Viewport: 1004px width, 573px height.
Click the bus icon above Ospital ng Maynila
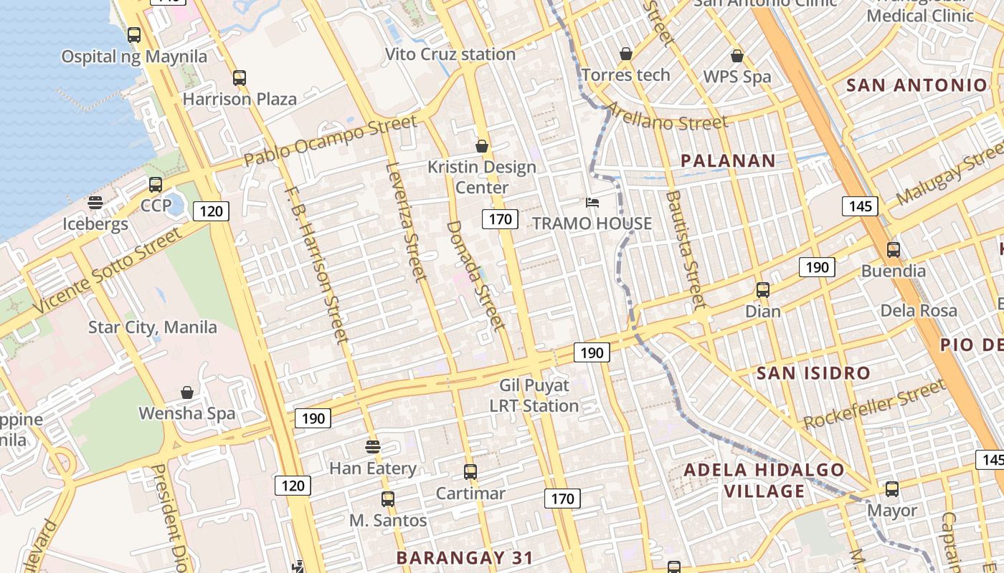[x=133, y=34]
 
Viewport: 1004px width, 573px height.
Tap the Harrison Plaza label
[x=240, y=99]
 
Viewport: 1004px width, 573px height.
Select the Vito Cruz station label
[x=450, y=54]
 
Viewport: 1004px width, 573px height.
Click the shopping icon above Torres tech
[x=626, y=54]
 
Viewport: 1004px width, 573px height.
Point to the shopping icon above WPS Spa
[x=737, y=56]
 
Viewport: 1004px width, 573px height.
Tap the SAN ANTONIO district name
[x=917, y=85]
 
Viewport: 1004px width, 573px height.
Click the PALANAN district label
[x=728, y=160]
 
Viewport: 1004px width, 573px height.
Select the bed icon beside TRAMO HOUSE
[x=592, y=203]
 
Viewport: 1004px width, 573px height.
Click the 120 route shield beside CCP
[x=211, y=211]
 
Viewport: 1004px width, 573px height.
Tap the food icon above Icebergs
[x=95, y=203]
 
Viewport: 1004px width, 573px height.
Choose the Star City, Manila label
[x=152, y=327]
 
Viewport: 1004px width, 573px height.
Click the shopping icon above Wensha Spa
[x=186, y=393]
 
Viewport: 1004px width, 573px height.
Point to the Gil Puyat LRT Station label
[x=534, y=395]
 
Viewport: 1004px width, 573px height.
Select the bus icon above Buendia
[x=893, y=250]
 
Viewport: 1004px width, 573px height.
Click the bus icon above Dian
[x=762, y=290]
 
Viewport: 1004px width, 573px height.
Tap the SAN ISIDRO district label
[x=813, y=372]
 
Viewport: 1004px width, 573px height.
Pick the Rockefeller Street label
[x=874, y=405]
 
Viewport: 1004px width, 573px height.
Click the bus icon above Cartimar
[x=470, y=472]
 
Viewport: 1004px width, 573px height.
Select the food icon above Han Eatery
[x=372, y=447]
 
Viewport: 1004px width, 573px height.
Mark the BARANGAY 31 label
[x=465, y=557]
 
